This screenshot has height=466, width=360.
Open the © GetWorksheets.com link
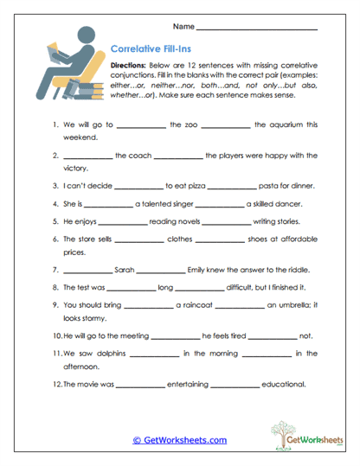[x=179, y=439]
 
